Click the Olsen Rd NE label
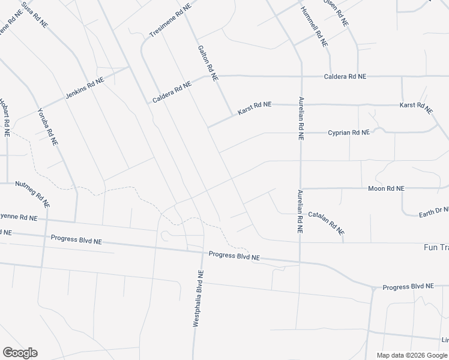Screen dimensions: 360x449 pos(336,11)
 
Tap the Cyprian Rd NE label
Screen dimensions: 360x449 pos(349,133)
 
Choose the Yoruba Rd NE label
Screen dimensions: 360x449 pos(47,127)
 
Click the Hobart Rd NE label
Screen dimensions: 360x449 pos(5,118)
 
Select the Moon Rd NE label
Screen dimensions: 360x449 pos(387,188)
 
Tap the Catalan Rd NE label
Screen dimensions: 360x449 pos(327,222)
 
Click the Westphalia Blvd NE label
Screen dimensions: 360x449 pos(198,298)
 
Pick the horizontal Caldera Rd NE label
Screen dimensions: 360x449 pos(345,77)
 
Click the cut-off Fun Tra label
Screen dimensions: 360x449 pos(436,247)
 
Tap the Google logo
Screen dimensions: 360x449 pos(20,353)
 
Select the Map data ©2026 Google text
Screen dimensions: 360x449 pos(412,355)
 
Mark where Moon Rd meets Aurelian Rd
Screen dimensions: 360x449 pos(300,188)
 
